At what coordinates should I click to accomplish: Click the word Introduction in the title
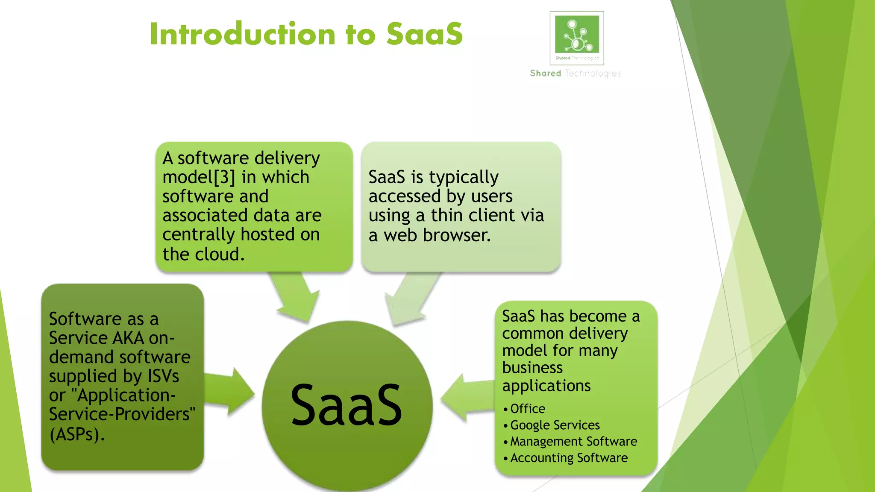pyautogui.click(x=243, y=34)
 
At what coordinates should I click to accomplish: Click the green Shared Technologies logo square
pyautogui.click(x=577, y=34)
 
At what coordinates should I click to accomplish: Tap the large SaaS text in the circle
pyautogui.click(x=346, y=405)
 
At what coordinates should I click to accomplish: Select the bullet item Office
pyautogui.click(x=528, y=409)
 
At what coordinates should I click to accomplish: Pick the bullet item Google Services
pyautogui.click(x=555, y=425)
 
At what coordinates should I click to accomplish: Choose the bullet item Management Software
pyautogui.click(x=573, y=441)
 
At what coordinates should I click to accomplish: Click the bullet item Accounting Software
pyautogui.click(x=569, y=458)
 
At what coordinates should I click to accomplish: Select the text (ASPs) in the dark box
pyautogui.click(x=77, y=434)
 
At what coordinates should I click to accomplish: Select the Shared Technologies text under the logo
pyautogui.click(x=575, y=73)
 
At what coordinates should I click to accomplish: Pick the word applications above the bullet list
pyautogui.click(x=546, y=386)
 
